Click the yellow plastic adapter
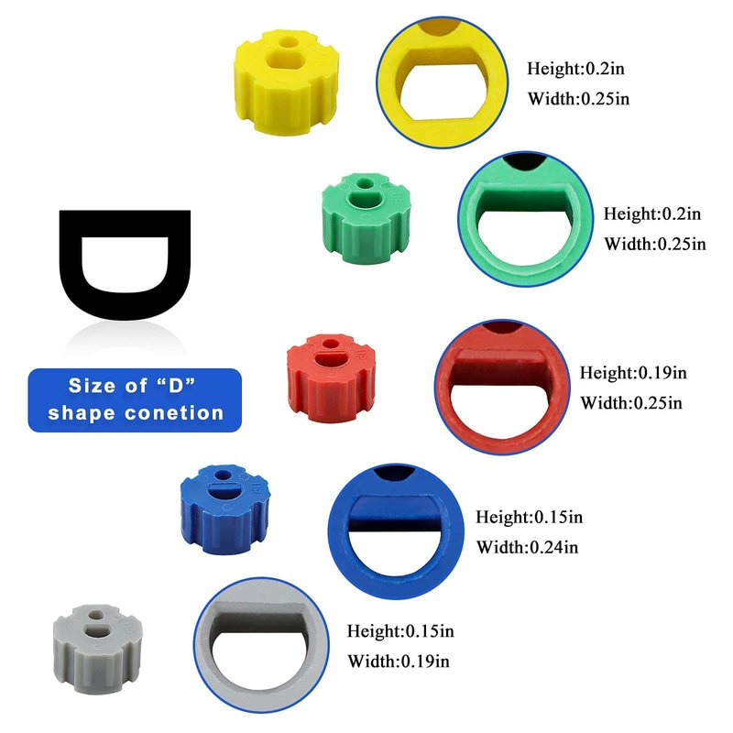[x=285, y=82]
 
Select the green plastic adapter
[x=366, y=218]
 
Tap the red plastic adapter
[x=331, y=378]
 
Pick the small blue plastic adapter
[x=224, y=509]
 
